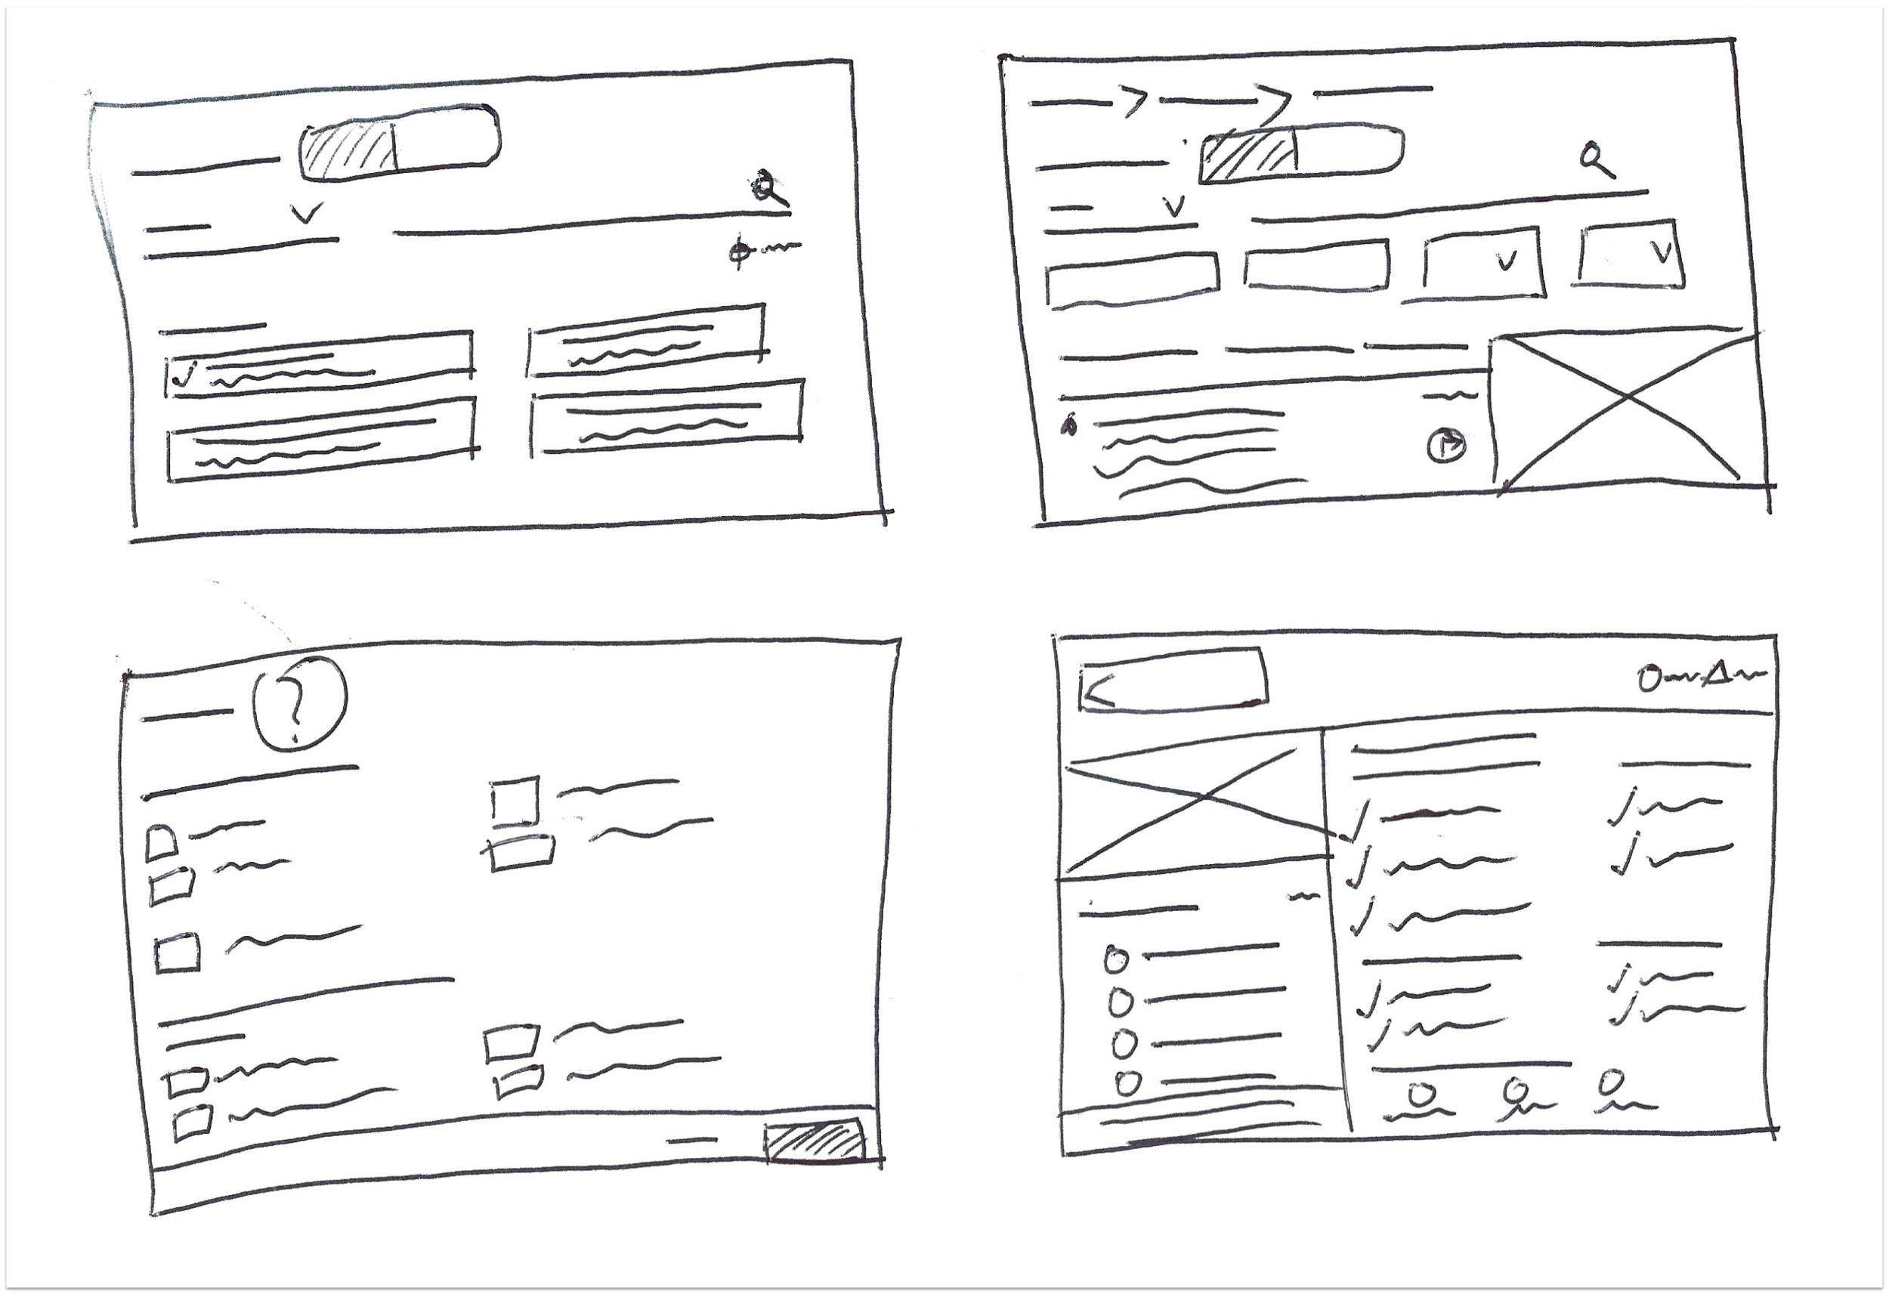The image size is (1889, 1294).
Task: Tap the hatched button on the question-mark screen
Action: (x=814, y=1142)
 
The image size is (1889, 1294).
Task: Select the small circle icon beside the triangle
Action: (x=1649, y=678)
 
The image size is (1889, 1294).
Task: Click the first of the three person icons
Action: (x=1420, y=1094)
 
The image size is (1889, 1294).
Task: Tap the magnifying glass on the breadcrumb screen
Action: (x=1596, y=159)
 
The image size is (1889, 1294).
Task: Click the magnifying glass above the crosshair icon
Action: (x=766, y=189)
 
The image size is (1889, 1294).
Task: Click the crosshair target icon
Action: (x=738, y=251)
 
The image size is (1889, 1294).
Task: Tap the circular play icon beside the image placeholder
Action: (x=1447, y=446)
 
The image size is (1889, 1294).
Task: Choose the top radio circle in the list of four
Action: (x=1116, y=961)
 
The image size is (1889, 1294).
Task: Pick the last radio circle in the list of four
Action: (x=1127, y=1083)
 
